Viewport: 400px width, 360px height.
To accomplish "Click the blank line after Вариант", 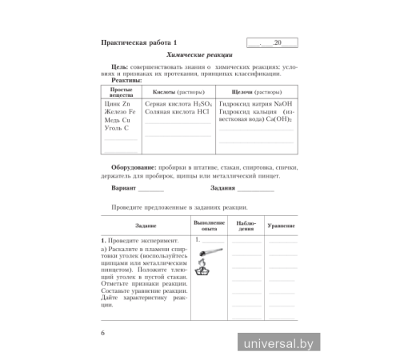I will [x=150, y=189].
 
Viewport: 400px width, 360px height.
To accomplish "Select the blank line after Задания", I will [x=255, y=189].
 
